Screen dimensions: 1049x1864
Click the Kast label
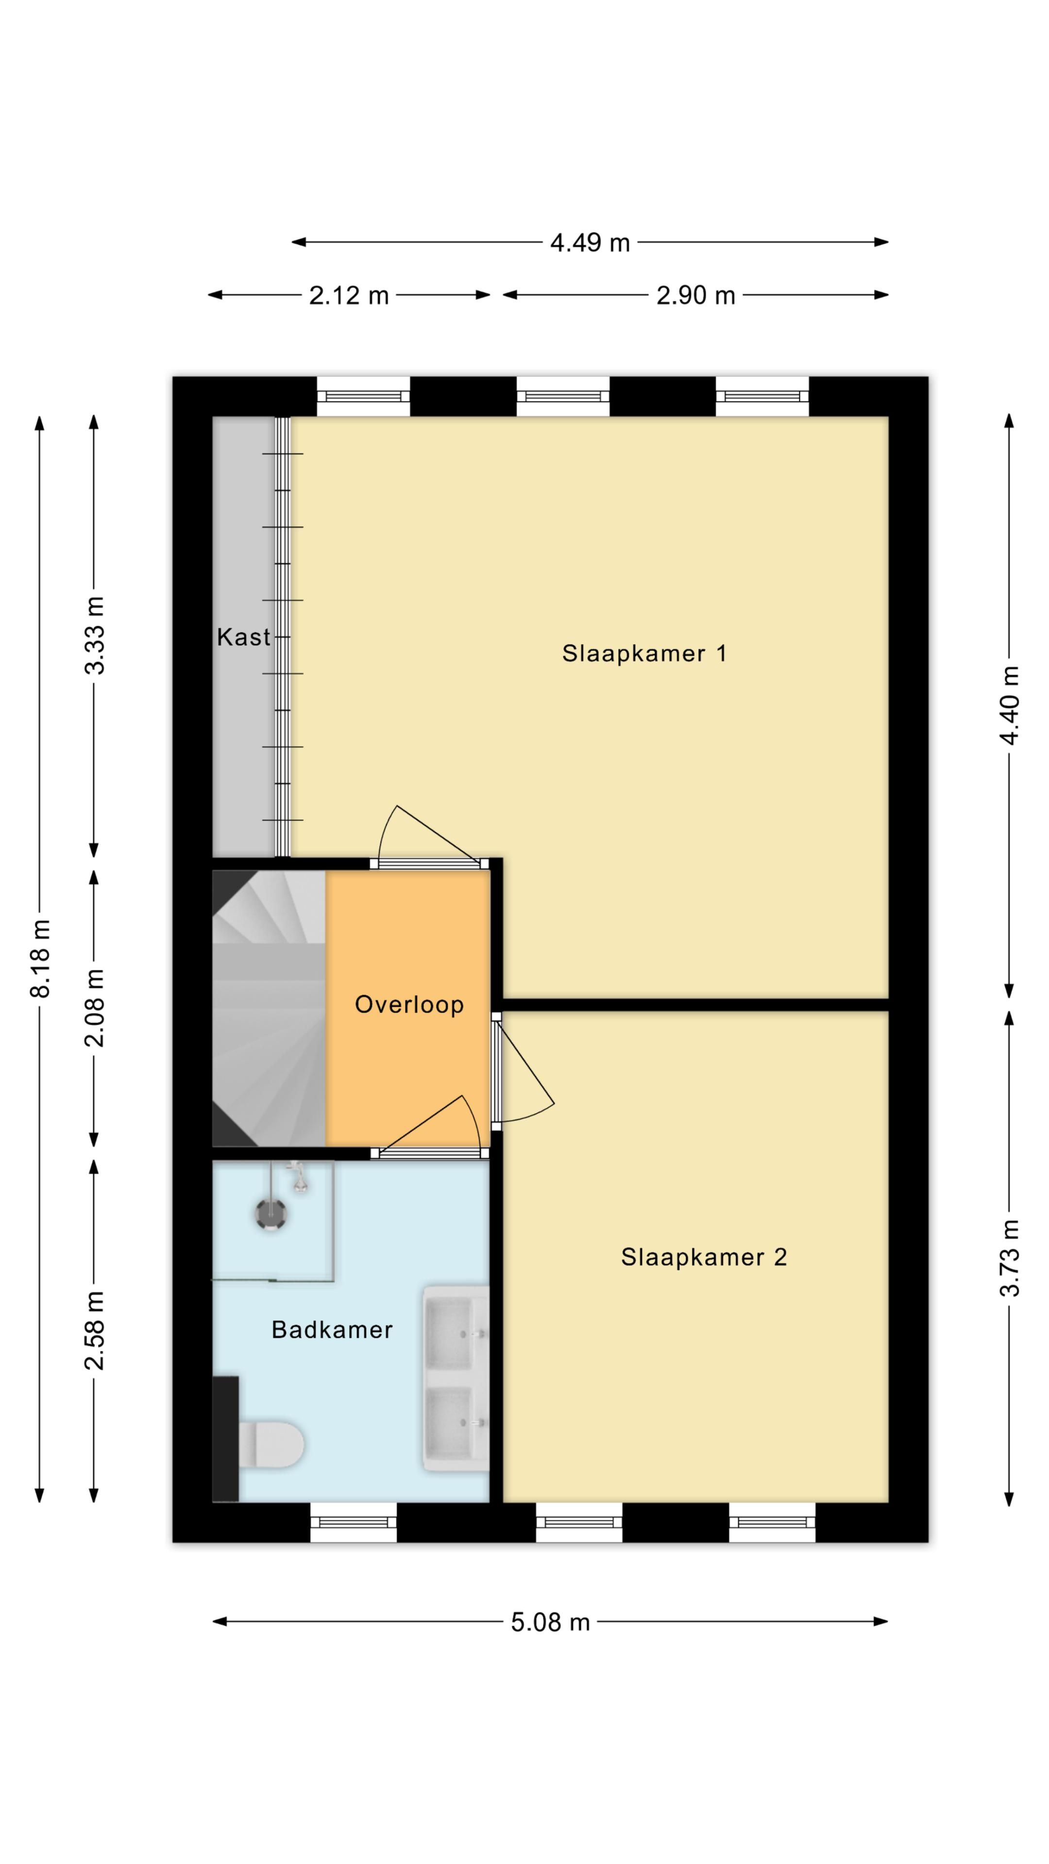[243, 637]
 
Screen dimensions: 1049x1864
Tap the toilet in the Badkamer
[271, 1445]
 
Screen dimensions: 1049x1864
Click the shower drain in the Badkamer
[271, 1214]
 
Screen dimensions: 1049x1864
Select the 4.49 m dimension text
[590, 242]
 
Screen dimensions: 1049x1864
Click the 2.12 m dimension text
[349, 295]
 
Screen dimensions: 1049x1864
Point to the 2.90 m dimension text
[696, 295]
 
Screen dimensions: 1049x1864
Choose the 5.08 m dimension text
[550, 1622]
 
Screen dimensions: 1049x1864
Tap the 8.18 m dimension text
[40, 958]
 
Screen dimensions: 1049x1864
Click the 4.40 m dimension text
[1010, 705]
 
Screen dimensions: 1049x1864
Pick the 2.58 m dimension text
[95, 1330]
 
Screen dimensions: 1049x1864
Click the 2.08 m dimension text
[95, 1008]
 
